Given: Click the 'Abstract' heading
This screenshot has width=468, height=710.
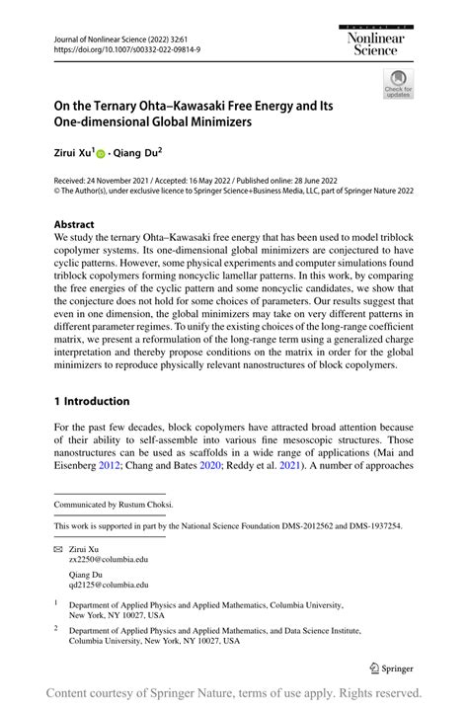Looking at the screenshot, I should [x=74, y=224].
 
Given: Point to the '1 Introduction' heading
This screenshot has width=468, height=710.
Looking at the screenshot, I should [x=91, y=401].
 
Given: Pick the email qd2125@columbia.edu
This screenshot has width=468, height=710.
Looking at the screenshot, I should [x=109, y=585].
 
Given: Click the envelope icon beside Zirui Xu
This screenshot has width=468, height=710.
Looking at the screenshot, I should [x=58, y=545].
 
